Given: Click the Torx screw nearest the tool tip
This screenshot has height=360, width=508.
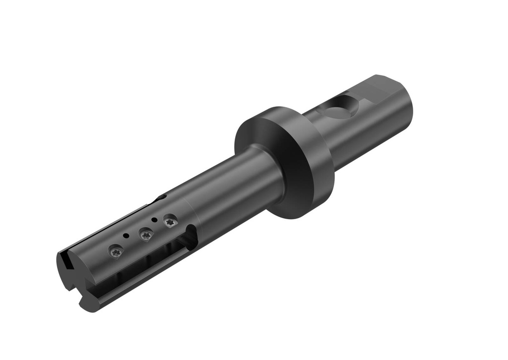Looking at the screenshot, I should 115,252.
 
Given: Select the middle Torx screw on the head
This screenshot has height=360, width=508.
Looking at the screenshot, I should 146,235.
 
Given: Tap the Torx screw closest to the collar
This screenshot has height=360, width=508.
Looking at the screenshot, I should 170,222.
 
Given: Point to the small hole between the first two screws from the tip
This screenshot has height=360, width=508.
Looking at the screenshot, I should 127,236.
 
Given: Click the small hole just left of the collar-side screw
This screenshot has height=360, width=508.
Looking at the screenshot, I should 155,219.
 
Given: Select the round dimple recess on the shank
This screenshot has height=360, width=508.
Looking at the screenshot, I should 340,107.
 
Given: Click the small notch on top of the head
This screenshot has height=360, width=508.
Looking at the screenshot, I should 161,198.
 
